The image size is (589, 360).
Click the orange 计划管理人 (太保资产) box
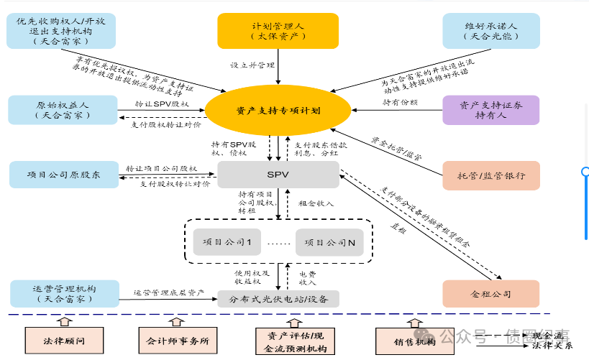click(x=278, y=31)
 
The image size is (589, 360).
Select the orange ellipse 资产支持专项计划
click(x=278, y=111)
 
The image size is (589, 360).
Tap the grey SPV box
click(x=278, y=175)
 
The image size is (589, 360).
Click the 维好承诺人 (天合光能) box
click(x=490, y=31)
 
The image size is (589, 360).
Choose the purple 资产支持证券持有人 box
click(x=490, y=110)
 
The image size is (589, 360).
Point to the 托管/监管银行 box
click(x=490, y=175)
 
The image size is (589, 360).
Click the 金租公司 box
click(x=490, y=294)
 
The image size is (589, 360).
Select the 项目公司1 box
click(x=227, y=243)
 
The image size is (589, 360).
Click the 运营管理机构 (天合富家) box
click(x=63, y=294)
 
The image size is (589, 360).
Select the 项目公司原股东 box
click(x=63, y=175)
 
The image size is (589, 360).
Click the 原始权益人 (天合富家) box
click(x=63, y=110)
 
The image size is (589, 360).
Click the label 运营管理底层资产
click(x=169, y=293)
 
